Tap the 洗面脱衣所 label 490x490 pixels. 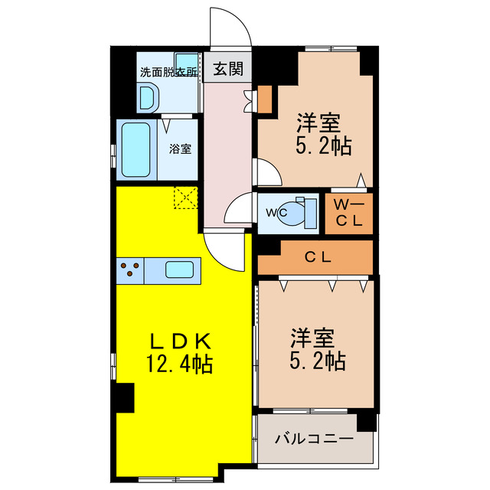click(168, 73)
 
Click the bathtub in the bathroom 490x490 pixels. click(138, 149)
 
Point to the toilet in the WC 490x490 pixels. click(299, 213)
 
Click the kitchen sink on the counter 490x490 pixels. click(180, 269)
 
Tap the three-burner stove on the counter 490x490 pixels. click(131, 269)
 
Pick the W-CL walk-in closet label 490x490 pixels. click(350, 213)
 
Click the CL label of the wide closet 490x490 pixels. click(317, 258)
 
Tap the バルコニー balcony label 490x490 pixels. click(314, 439)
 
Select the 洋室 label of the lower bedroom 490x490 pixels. click(312, 337)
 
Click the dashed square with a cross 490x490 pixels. click(185, 198)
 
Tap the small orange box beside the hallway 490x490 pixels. click(264, 98)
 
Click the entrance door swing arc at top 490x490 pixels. click(234, 23)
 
